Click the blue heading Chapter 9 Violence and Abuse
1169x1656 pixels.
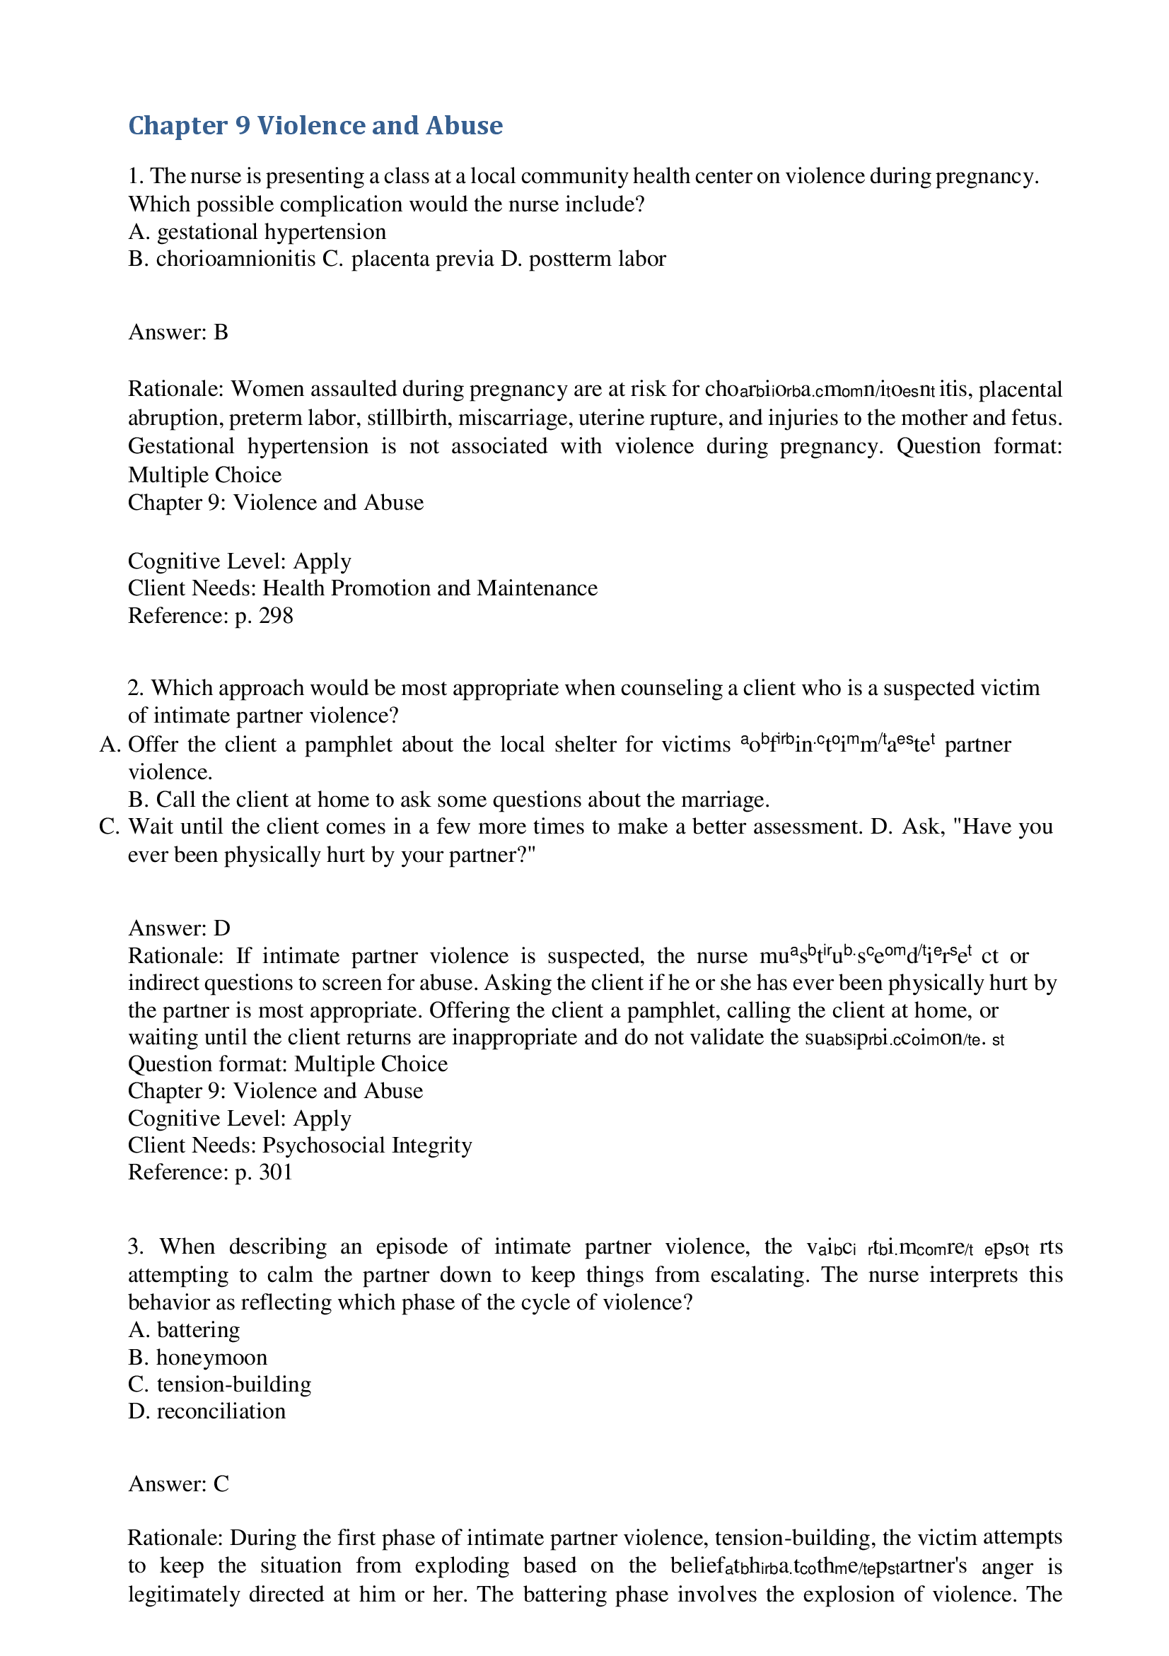coord(315,125)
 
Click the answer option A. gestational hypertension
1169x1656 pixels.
coord(257,231)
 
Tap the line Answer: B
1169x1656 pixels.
coord(178,332)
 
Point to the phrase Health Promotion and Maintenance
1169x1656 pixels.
coord(430,588)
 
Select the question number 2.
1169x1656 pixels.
coord(136,688)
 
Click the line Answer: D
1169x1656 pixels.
coord(179,928)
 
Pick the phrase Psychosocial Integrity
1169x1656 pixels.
coord(367,1145)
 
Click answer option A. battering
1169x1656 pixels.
coord(184,1330)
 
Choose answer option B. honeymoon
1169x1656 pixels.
coord(197,1358)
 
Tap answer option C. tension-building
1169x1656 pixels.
coord(220,1384)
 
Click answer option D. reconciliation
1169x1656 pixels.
coord(207,1411)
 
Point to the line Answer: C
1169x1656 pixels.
coord(179,1484)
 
